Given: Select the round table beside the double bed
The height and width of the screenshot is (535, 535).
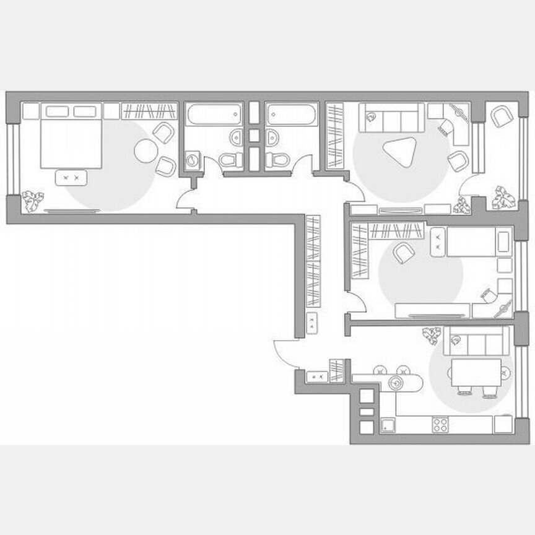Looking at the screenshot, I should click(x=147, y=150).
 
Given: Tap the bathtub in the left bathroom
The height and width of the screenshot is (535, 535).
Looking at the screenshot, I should click(x=214, y=115).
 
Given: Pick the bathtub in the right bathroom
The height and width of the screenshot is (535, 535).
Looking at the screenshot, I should click(x=292, y=115).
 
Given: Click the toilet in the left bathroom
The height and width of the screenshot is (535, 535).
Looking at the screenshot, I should click(x=232, y=159).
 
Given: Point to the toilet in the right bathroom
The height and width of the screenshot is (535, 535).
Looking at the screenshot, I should click(x=277, y=159).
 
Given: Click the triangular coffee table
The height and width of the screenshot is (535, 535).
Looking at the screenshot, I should click(x=399, y=150).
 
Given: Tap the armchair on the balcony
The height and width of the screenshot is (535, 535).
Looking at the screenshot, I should click(x=501, y=116).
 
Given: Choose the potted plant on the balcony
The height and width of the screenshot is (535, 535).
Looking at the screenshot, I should click(x=505, y=198).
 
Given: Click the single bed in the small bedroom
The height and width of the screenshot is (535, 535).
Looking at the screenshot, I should click(x=478, y=241).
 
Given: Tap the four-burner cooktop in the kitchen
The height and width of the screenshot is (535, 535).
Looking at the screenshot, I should click(x=440, y=425).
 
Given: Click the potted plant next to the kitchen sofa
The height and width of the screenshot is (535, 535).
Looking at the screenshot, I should click(x=432, y=336).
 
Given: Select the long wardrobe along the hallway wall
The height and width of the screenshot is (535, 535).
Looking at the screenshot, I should click(x=313, y=261).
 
